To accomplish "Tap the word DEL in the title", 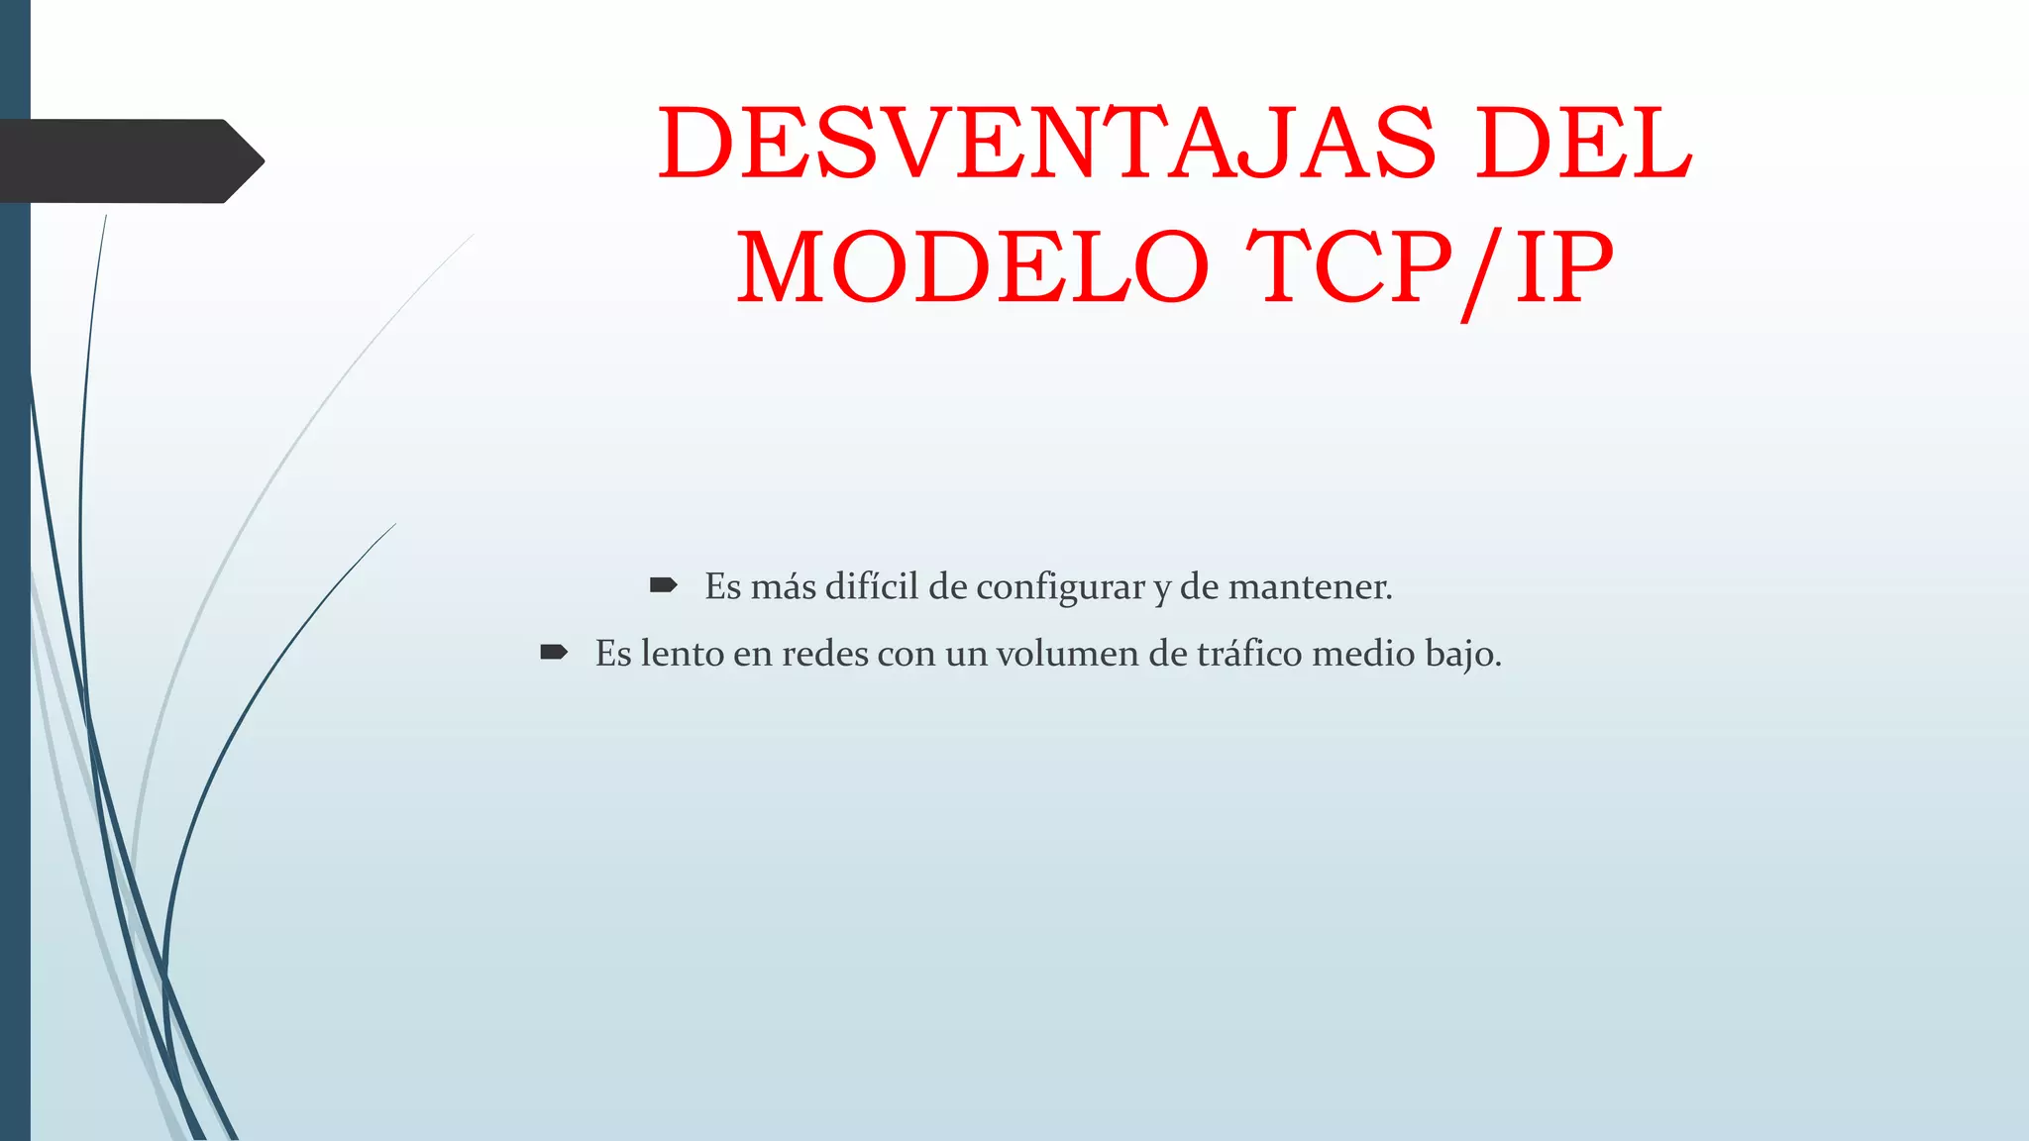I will pos(1584,145).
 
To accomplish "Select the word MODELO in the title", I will pos(973,267).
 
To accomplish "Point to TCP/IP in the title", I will pos(1430,267).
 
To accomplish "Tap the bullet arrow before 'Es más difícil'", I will pos(663,585).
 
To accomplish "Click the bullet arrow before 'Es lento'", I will pos(554,652).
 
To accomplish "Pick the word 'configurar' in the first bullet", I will pos(1061,587).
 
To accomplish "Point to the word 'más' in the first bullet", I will pos(784,587).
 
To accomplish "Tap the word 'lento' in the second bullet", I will pos(683,654).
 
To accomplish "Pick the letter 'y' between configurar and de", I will pos(1162,590).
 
